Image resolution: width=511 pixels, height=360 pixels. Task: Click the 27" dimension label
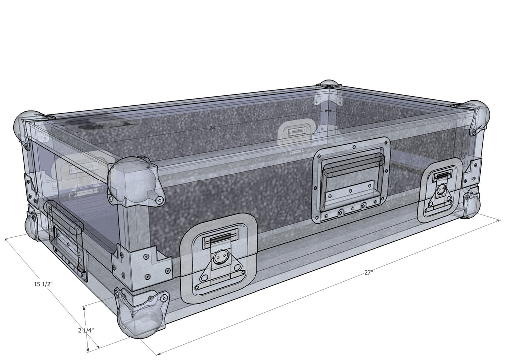[368, 273]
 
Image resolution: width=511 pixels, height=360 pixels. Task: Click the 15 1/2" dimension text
[44, 284]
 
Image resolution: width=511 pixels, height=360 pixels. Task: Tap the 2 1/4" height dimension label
[86, 330]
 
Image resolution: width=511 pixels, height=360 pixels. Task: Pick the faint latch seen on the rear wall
[296, 131]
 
